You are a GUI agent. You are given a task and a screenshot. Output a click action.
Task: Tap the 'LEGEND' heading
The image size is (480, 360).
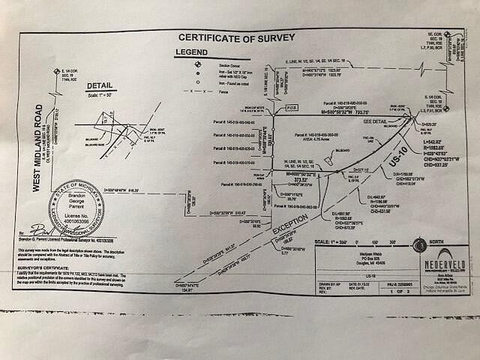click(x=191, y=52)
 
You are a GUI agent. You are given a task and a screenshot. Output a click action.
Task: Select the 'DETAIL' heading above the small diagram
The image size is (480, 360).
click(x=99, y=86)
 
